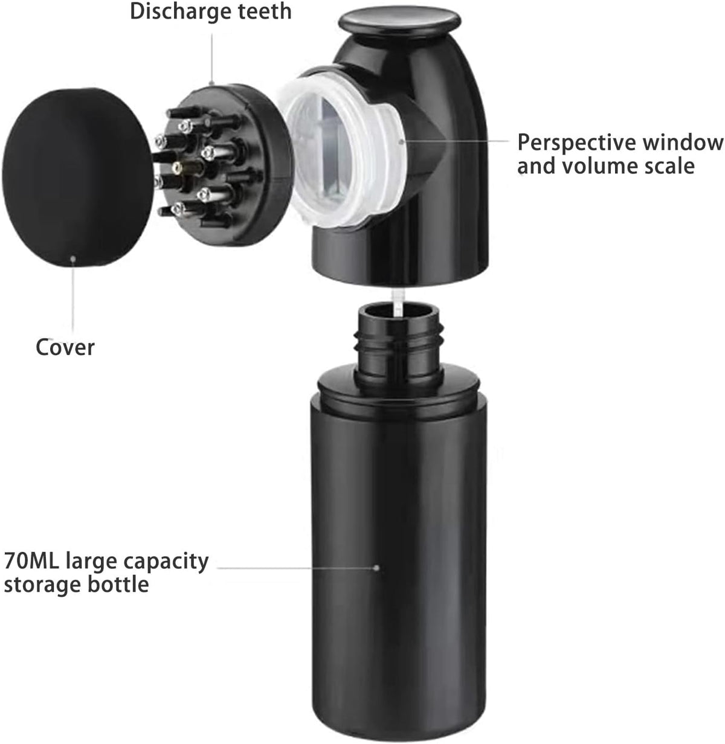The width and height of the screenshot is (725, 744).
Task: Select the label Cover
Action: click(x=65, y=347)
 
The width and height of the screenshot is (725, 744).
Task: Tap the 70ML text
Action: click(x=32, y=561)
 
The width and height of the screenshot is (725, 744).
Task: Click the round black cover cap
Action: click(x=77, y=176)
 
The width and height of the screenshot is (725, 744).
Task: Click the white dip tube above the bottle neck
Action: click(x=399, y=303)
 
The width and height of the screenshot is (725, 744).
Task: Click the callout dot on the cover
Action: click(x=72, y=259)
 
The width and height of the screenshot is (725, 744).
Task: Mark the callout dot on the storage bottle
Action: click(x=376, y=568)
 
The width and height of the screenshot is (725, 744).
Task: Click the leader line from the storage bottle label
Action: click(x=297, y=568)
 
